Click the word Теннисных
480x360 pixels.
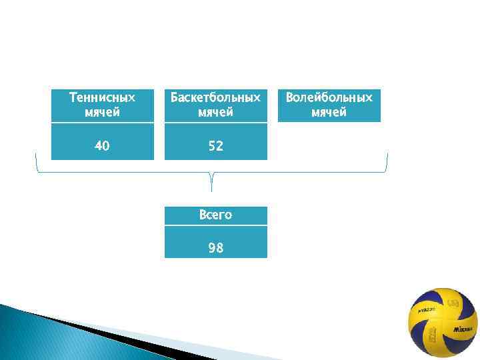point(102,98)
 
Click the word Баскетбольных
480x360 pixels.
point(215,98)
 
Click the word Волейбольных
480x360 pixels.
point(329,98)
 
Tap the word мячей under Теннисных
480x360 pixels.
point(102,112)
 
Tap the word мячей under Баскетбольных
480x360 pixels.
point(215,112)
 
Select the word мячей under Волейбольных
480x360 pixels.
point(329,112)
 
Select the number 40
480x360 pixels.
point(102,145)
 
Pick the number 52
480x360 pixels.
point(215,145)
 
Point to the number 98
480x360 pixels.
point(215,248)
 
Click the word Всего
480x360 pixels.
point(215,215)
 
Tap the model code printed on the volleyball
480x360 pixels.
point(427,310)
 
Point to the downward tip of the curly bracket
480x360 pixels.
point(212,189)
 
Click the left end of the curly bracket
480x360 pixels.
point(36,157)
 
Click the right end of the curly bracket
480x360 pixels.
point(387,157)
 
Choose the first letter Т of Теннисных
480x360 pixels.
point(73,98)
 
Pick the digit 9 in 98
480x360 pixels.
point(211,248)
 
